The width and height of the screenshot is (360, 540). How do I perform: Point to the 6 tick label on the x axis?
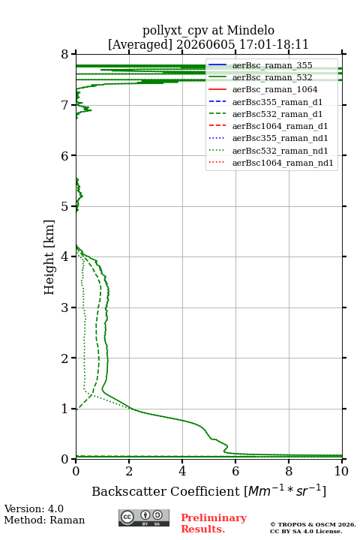pyautogui.click(x=235, y=471)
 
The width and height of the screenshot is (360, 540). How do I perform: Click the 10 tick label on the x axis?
pyautogui.click(x=341, y=471)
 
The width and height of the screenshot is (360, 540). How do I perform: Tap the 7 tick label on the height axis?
pyautogui.click(x=64, y=105)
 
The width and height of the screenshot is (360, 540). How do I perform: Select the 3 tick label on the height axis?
pyautogui.click(x=64, y=307)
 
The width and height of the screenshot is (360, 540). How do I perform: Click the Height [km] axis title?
pyautogui.click(x=49, y=257)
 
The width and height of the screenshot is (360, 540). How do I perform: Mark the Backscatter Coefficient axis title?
pyautogui.click(x=208, y=490)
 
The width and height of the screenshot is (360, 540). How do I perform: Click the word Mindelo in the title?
pyautogui.click(x=250, y=30)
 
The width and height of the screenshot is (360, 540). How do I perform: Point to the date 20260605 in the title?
pyautogui.click(x=205, y=44)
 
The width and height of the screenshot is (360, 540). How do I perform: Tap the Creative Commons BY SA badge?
pyautogui.click(x=144, y=517)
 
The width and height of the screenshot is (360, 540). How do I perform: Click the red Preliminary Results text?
pyautogui.click(x=214, y=523)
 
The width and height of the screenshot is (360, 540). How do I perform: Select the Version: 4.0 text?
pyautogui.click(x=34, y=508)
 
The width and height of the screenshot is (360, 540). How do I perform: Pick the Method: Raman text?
pyautogui.click(x=44, y=520)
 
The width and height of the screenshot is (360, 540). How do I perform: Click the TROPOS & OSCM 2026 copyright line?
pyautogui.click(x=313, y=524)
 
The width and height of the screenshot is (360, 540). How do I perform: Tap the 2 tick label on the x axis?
pyautogui.click(x=129, y=471)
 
